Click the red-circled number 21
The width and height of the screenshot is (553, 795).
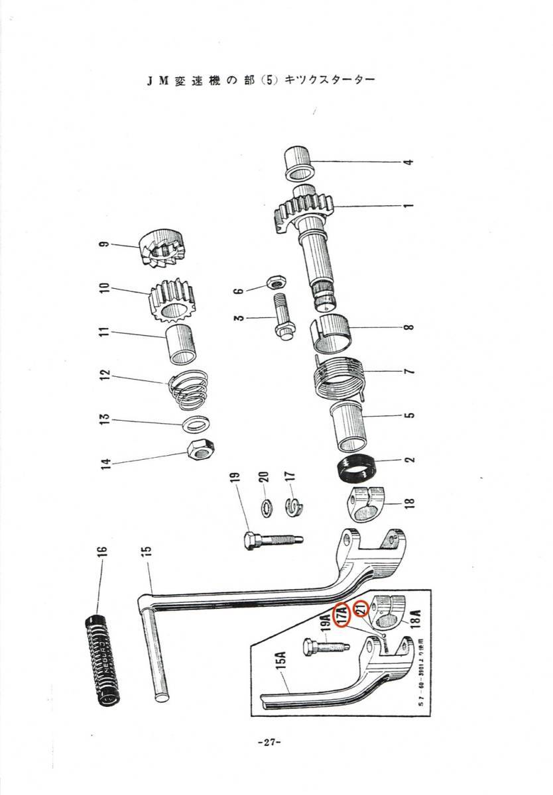coord(361,608)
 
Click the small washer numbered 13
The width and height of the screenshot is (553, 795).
coord(197,424)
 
